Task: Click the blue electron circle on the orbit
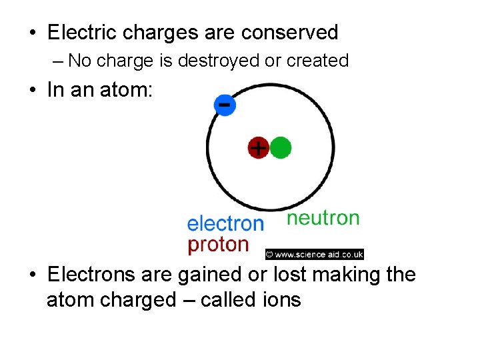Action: click(225, 105)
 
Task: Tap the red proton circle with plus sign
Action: click(258, 147)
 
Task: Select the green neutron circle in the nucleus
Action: click(281, 147)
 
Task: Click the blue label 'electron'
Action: click(225, 223)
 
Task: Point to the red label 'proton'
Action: click(218, 245)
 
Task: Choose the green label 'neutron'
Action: click(323, 218)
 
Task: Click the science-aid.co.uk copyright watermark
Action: click(314, 254)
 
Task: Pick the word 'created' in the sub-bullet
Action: click(317, 61)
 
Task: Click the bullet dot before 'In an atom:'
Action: click(32, 91)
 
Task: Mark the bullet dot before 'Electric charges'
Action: click(32, 33)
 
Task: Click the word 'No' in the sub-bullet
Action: click(79, 61)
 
